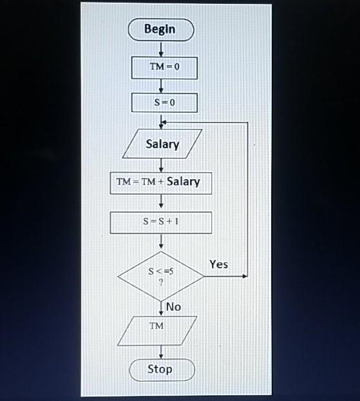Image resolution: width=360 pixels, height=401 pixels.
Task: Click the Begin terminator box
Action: pos(160,30)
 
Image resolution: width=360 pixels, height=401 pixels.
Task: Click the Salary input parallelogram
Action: pos(162,144)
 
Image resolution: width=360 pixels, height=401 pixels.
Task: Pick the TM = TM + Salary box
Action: pos(160,182)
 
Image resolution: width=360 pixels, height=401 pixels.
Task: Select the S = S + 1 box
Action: pos(160,221)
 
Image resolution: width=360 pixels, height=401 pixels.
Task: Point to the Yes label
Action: pos(218,264)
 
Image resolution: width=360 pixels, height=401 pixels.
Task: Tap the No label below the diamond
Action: pos(173,307)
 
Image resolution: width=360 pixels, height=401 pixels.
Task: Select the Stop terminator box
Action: pos(160,369)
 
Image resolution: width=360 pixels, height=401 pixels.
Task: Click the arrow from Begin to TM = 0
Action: pos(161,49)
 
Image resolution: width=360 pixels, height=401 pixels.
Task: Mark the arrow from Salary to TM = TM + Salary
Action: pos(161,165)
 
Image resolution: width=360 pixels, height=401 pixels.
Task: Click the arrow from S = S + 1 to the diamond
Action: pos(161,241)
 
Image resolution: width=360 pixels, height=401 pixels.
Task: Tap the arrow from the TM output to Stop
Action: pos(161,351)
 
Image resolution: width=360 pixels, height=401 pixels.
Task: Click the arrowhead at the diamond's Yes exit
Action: pos(245,276)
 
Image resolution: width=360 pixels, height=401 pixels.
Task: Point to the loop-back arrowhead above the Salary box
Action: pos(164,122)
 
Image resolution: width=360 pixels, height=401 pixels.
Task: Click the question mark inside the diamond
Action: pos(160,282)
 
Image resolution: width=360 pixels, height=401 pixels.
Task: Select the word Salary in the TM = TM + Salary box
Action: pos(184,182)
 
